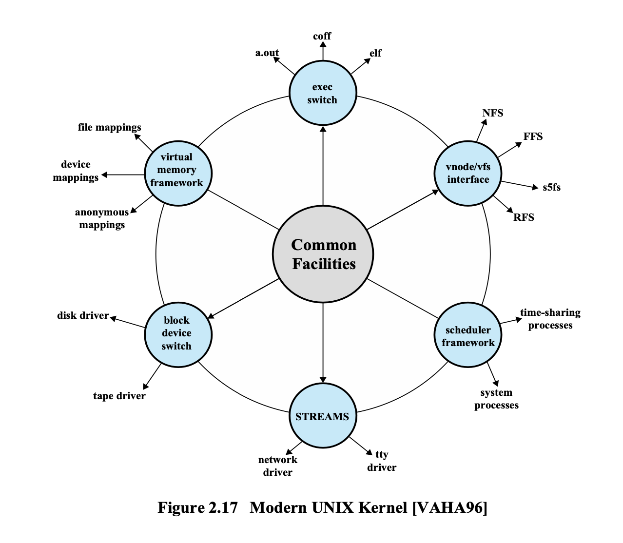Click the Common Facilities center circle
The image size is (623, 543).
(x=323, y=254)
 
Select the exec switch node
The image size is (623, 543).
(x=322, y=93)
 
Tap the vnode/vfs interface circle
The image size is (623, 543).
(x=468, y=173)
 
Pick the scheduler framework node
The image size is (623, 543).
(x=468, y=335)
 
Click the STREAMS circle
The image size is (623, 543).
(x=322, y=416)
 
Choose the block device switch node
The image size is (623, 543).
(x=178, y=334)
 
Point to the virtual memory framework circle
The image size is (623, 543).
(x=178, y=173)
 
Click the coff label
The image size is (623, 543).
(x=322, y=36)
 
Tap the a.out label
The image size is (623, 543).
(x=267, y=53)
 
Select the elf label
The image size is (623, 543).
(x=375, y=53)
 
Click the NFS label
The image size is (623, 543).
(x=493, y=113)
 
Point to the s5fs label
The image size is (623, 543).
(x=552, y=187)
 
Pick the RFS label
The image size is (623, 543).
(x=524, y=217)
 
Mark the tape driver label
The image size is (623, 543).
(x=119, y=396)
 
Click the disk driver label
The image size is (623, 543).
(x=83, y=315)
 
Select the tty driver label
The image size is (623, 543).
(x=382, y=461)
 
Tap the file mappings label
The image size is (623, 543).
(x=110, y=127)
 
